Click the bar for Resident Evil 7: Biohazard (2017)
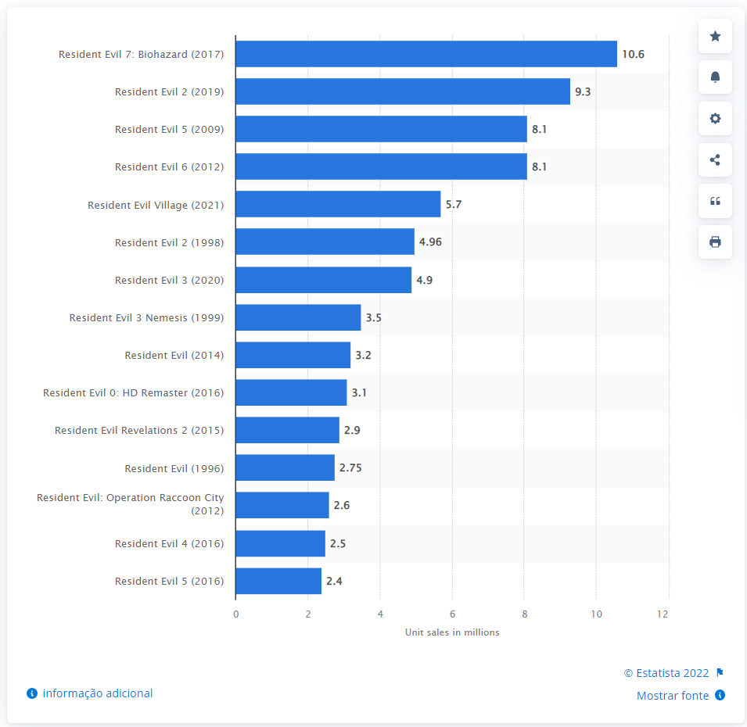tap(426, 54)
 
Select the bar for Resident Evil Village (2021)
tap(338, 205)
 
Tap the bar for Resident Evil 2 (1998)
tap(325, 242)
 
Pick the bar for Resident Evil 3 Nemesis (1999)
tap(298, 318)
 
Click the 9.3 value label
tap(582, 91)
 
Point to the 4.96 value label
tap(430, 242)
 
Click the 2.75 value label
tap(350, 468)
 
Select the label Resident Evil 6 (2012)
tap(169, 167)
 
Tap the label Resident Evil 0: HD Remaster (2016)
tap(133, 393)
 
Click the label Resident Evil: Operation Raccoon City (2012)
tap(131, 504)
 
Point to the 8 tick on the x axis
tap(524, 614)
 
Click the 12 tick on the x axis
tap(663, 614)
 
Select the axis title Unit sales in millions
tap(452, 632)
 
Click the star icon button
tap(715, 36)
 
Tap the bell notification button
tap(715, 77)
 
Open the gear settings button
tap(715, 119)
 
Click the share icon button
tap(715, 160)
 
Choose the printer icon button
tap(715, 242)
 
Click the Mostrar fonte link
tap(673, 696)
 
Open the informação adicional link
tap(98, 693)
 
